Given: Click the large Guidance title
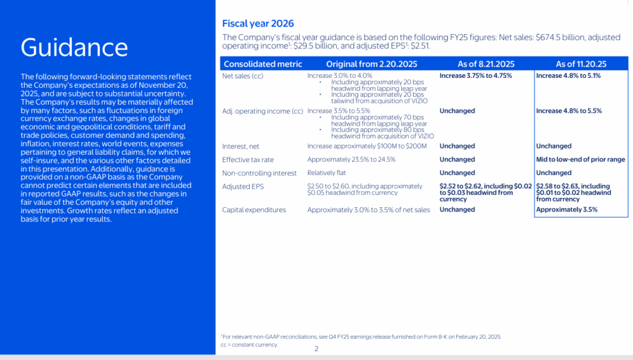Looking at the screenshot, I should click(x=74, y=48).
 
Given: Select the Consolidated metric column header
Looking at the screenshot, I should click(x=263, y=64).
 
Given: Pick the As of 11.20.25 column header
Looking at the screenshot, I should click(x=581, y=64).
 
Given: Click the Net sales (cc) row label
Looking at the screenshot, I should click(x=245, y=75).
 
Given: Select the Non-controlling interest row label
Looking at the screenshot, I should click(x=258, y=173).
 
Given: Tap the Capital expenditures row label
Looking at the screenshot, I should click(x=254, y=210).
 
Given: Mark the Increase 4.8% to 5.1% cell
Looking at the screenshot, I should click(x=568, y=75).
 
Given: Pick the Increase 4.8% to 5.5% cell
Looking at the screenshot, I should click(x=569, y=111).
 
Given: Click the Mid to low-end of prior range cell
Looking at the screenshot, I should click(x=581, y=160).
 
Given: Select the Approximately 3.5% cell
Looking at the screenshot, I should click(x=567, y=210).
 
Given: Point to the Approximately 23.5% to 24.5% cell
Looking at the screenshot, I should click(x=351, y=160).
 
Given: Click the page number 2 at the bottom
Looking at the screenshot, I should click(x=316, y=349).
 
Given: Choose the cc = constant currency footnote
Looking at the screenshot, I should click(x=249, y=344).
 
